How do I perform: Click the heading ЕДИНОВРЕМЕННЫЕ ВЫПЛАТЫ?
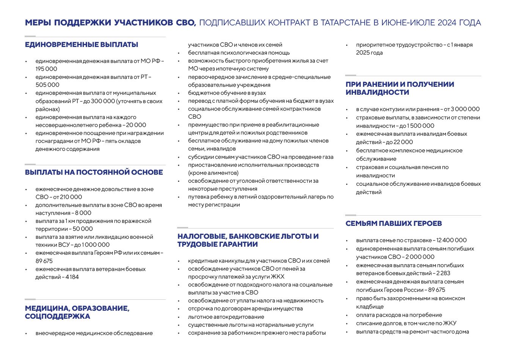coord(82,45)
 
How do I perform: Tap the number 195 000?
coord(46,69)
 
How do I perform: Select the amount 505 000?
coord(47,85)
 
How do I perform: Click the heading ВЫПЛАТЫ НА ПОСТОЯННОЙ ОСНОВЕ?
coord(94,172)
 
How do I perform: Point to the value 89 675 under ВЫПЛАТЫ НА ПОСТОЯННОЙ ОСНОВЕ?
coord(44,261)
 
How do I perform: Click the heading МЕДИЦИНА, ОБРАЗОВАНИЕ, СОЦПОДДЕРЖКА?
coord(77,312)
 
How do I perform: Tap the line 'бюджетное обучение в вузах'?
coord(227,93)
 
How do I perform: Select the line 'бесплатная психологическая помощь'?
coord(239,53)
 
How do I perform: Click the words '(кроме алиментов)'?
coord(213,173)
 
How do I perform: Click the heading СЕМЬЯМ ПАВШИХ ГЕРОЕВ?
coord(394,224)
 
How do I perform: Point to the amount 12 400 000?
coord(451,240)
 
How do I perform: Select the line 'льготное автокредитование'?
coord(226,317)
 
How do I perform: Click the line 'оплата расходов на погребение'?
coord(399,315)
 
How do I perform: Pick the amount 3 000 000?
coord(465,109)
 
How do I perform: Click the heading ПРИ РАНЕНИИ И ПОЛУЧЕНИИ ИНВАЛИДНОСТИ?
coord(400,88)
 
